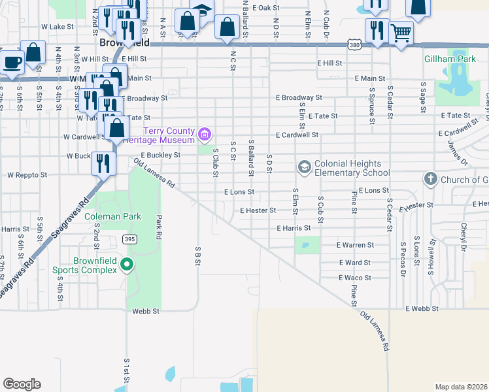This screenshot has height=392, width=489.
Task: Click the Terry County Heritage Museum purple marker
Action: pyautogui.click(x=205, y=135)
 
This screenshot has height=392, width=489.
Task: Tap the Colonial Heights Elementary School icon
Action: pyautogui.click(x=304, y=167)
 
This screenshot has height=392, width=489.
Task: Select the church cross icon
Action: pyautogui.click(x=430, y=178)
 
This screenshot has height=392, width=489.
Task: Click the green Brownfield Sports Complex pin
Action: pyautogui.click(x=127, y=265)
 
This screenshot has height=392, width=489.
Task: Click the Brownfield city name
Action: pyautogui.click(x=124, y=42)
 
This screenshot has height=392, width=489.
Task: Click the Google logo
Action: pyautogui.click(x=22, y=384)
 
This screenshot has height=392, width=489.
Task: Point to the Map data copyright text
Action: pyautogui.click(x=461, y=387)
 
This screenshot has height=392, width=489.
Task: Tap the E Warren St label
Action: pyautogui.click(x=354, y=245)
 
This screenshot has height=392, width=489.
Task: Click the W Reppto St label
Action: pyautogui.click(x=27, y=175)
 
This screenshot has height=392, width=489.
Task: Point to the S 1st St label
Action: pyautogui.click(x=126, y=369)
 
